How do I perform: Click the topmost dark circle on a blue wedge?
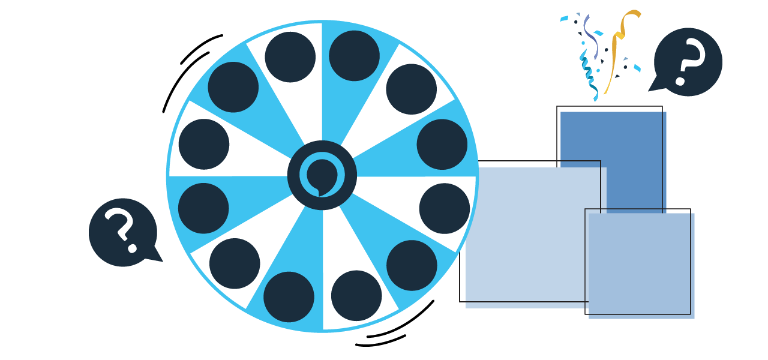tap(355, 56)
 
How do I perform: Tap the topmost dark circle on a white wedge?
tap(290, 57)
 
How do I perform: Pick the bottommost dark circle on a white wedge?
tap(356, 295)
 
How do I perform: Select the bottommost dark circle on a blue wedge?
tap(289, 296)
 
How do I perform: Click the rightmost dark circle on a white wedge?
tap(445, 208)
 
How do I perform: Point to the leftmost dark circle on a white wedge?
tap(204, 144)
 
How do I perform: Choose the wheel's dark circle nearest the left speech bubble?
tap(203, 208)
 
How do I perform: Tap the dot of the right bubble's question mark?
tap(680, 80)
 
